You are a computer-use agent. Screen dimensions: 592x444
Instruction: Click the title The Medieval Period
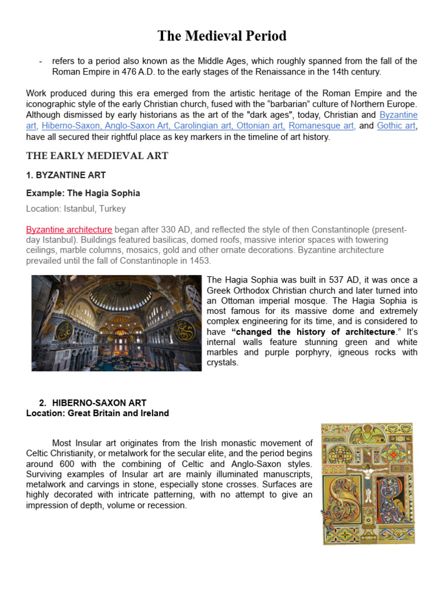point(222,36)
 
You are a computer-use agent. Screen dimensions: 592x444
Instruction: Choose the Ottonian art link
point(263,125)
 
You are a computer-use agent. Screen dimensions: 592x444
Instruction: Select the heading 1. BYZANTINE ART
point(66,175)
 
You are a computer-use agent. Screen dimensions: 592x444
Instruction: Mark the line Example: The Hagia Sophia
point(83,193)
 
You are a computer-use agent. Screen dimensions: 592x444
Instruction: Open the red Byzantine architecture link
point(69,230)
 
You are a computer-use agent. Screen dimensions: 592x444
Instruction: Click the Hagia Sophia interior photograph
point(116,323)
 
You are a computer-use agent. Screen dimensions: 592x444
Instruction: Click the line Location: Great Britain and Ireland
point(98,413)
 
